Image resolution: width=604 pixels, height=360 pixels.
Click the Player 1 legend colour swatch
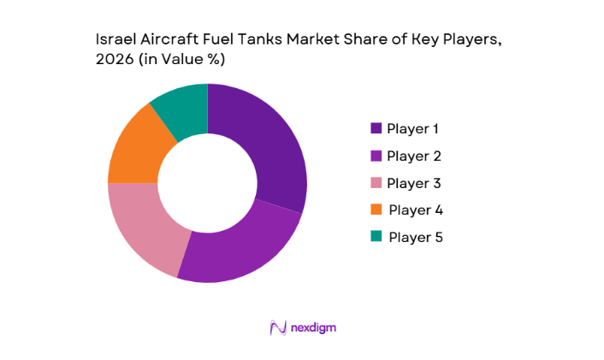tap(376, 129)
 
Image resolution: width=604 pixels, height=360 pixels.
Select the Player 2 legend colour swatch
tap(376, 156)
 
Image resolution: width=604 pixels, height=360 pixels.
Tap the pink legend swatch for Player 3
tap(376, 183)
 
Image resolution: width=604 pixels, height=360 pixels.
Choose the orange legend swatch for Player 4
tap(376, 210)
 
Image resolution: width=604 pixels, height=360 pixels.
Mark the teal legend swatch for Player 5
tap(376, 237)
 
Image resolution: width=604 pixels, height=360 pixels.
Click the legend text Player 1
tap(413, 129)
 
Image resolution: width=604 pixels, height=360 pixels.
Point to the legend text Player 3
tap(414, 183)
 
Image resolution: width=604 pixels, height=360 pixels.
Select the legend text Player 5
tap(415, 237)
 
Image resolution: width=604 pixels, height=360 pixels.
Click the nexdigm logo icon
tap(276, 328)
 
